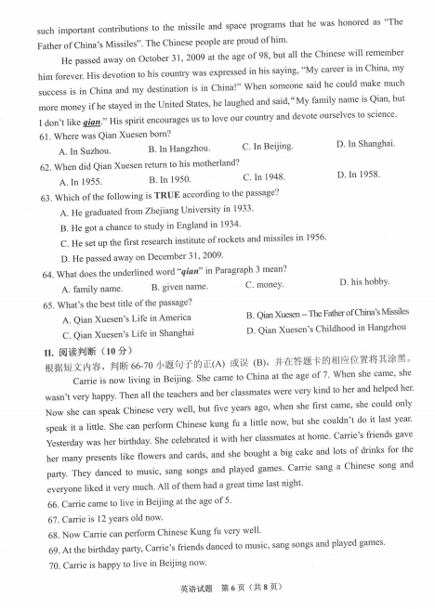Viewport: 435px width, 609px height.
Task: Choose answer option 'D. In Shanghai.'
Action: click(365, 143)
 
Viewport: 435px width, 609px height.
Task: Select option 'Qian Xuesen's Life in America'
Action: click(126, 318)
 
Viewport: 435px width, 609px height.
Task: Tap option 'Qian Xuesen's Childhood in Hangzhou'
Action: click(326, 329)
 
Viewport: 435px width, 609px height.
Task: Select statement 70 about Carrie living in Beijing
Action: click(130, 564)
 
